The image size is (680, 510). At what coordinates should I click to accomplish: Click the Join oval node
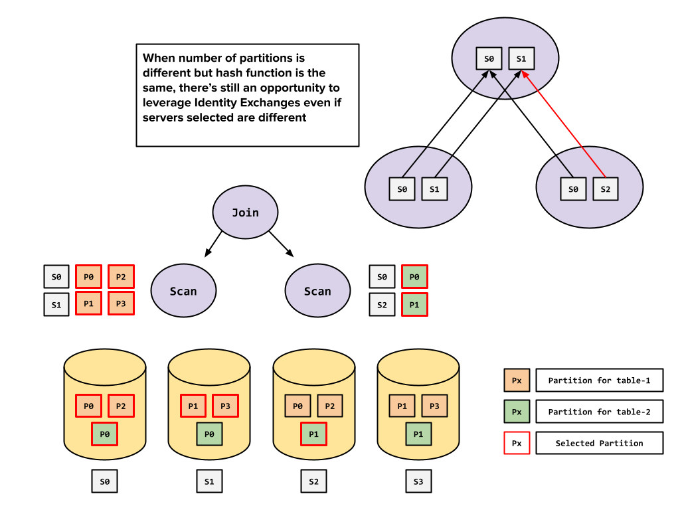coord(245,212)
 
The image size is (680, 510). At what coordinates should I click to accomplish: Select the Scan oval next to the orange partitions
coord(183,291)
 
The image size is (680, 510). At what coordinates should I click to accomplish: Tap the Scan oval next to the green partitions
coord(317,291)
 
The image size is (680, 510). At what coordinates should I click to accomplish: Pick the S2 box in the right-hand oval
coord(605,189)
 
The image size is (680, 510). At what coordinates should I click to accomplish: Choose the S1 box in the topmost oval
coord(521,58)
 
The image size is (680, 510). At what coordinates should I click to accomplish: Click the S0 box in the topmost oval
coord(489,58)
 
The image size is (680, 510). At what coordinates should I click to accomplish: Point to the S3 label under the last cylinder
coord(418,481)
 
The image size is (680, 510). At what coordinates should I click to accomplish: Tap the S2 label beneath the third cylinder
coord(313,481)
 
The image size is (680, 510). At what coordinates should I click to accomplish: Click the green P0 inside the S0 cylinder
coord(104,434)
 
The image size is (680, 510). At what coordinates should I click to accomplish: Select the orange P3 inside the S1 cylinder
coord(225,406)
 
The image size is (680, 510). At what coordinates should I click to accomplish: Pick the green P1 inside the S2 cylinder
coord(313,434)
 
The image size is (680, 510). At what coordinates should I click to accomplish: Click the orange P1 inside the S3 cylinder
coord(402,406)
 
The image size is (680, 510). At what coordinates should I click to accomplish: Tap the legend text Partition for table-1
coord(599,381)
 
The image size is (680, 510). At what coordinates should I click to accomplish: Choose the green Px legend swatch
coord(517,412)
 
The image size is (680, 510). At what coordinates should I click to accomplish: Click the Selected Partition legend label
coord(599,443)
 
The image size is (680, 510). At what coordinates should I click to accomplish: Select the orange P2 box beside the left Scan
coord(121,276)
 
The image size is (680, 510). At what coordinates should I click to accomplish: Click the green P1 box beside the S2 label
coord(414,305)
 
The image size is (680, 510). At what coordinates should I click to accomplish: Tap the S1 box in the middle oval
coord(434,189)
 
